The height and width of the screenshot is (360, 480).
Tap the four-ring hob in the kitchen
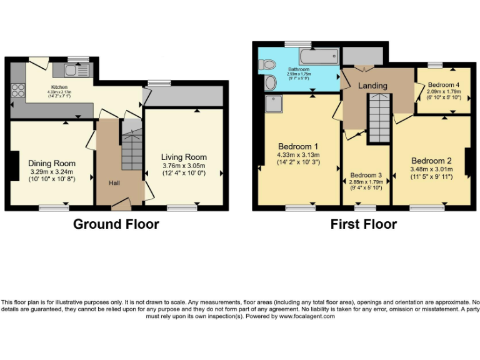17,91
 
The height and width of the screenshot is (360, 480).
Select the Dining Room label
52,164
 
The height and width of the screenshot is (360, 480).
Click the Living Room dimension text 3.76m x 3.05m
184,166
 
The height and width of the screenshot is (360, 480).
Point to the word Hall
114,183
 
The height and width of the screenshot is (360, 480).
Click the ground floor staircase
131,153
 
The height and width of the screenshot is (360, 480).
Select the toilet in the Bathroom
267,63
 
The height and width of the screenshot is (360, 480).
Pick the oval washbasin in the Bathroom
269,83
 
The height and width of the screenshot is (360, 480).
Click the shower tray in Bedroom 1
274,104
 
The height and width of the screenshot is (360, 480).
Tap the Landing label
372,86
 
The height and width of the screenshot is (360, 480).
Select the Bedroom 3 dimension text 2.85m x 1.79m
366,182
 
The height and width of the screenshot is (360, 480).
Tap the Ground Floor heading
116,224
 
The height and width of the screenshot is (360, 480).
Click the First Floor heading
364,224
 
